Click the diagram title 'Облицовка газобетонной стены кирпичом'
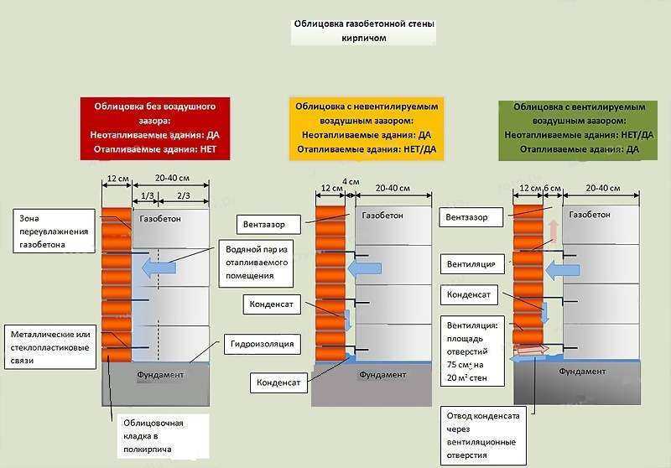(x=364, y=31)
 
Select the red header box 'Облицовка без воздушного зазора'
(x=155, y=128)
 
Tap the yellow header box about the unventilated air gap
(x=367, y=128)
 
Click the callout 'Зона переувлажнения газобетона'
(x=54, y=231)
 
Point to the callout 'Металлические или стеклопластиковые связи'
(x=50, y=347)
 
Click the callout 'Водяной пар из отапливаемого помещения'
(x=257, y=263)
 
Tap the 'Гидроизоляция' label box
(x=262, y=344)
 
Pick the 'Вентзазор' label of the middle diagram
(x=268, y=224)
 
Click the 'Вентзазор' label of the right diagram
(x=471, y=217)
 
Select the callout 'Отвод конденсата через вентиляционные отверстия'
(x=483, y=435)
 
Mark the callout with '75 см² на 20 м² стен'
(x=472, y=351)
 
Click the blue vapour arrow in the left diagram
(x=159, y=268)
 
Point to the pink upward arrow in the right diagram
(x=554, y=231)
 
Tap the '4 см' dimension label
(x=351, y=182)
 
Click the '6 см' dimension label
(x=552, y=188)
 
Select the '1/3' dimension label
(x=147, y=196)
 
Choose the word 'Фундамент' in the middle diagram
(x=382, y=375)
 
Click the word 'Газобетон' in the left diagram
(x=160, y=219)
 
